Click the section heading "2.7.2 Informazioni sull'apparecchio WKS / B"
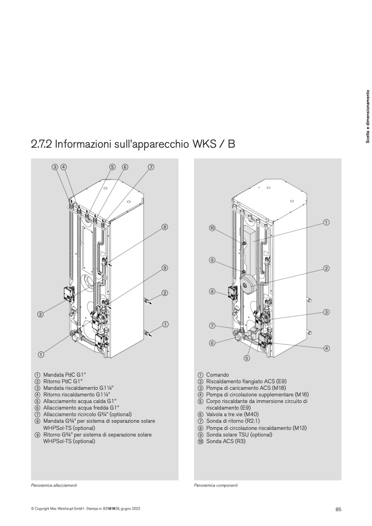pos(133,144)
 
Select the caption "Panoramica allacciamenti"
pos(54,485)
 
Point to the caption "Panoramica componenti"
pos(215,485)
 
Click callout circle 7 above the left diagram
pos(151,167)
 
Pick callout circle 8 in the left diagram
pos(164,227)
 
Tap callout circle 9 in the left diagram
pos(164,268)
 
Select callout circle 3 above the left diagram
pos(55,167)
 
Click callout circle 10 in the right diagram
pos(212,228)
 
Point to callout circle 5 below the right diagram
pos(247,359)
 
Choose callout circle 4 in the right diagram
pos(327,348)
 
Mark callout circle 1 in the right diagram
pos(326,222)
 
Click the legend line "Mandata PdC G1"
pos(62,374)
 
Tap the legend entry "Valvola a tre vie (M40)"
pos(228,415)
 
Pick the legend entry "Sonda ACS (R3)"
pos(221,441)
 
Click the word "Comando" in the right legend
pos(218,374)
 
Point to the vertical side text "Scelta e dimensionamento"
pos(368,116)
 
